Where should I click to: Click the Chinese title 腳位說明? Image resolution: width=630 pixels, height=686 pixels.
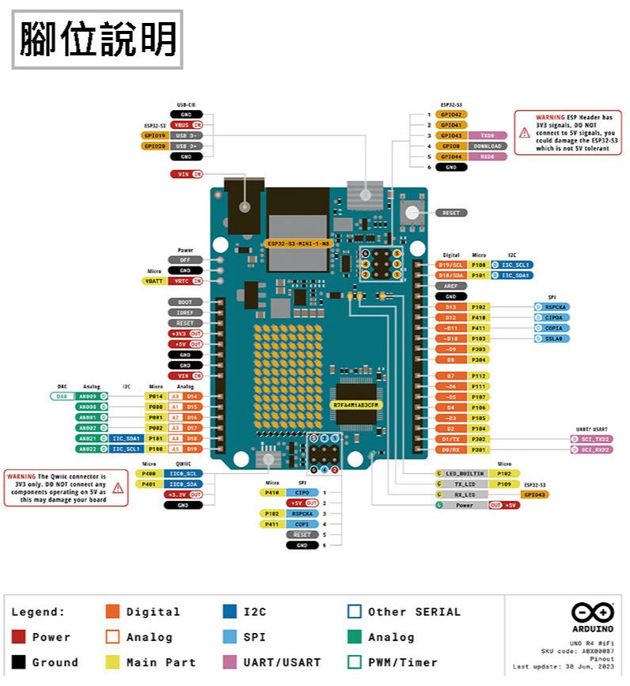click(97, 39)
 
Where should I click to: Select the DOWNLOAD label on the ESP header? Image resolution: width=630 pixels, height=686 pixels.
click(488, 146)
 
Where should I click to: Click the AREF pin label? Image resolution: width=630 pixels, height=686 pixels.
click(450, 286)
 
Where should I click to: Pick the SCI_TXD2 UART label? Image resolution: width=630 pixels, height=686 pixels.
click(591, 438)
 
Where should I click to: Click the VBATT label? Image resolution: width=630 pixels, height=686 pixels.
click(152, 281)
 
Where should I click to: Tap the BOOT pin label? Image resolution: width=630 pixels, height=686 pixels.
click(184, 302)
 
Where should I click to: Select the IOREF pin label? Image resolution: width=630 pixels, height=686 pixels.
click(184, 313)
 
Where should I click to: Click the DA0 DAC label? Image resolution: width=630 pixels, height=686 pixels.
click(63, 396)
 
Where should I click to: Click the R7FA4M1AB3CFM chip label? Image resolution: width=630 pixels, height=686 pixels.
click(357, 405)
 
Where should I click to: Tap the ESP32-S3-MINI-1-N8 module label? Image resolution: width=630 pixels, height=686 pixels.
click(298, 243)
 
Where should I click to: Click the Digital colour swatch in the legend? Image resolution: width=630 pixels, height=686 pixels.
click(112, 612)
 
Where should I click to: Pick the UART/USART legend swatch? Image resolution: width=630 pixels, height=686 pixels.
click(230, 662)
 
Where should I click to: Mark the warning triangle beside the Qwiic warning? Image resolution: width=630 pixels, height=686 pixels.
click(118, 487)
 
